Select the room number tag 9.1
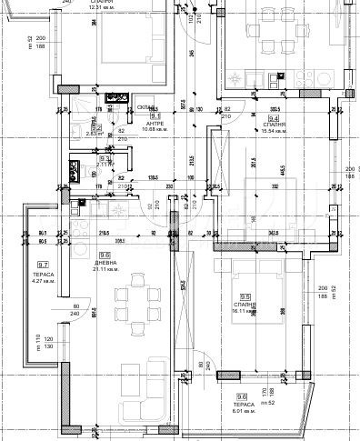tap(155, 116)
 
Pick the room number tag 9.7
tap(42, 265)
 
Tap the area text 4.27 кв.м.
tap(42, 281)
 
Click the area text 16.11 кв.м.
tap(245, 311)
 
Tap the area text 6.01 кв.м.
tap(242, 410)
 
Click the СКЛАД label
tap(145, 106)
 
